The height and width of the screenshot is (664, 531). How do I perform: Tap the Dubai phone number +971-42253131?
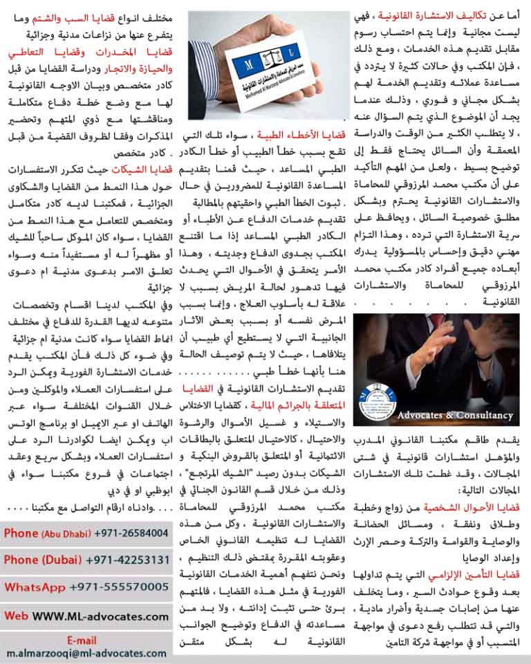pyautogui.click(x=128, y=560)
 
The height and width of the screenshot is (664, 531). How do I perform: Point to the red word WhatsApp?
pyautogui.click(x=35, y=587)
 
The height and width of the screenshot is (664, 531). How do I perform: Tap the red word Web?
pyautogui.click(x=16, y=614)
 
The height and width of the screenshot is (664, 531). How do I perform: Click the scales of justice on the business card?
pyautogui.click(x=268, y=67)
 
